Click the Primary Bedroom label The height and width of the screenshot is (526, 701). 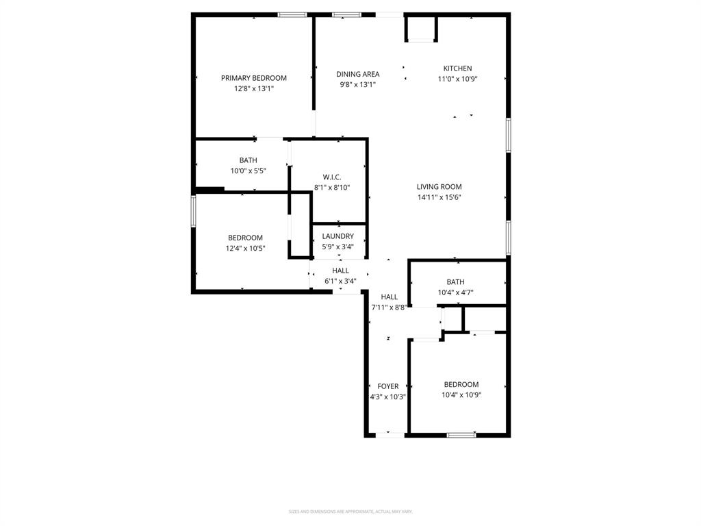253,78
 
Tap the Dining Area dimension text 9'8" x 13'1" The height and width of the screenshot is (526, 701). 357,85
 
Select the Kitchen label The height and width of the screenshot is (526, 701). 457,68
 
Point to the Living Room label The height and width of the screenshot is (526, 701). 439,186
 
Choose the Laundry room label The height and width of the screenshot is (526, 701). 337,236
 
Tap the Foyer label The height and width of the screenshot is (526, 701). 387,386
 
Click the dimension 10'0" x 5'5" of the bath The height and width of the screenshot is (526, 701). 248,171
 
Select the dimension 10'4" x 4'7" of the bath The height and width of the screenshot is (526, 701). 455,292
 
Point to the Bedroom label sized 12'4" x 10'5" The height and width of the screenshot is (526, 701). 245,238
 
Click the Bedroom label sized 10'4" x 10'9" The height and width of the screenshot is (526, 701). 461,385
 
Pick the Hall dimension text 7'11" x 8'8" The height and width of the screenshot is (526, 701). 389,308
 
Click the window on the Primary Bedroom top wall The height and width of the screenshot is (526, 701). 292,14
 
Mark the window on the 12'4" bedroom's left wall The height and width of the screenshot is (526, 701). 194,210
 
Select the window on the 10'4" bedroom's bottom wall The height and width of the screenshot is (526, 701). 461,435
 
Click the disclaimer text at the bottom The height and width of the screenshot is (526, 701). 350,512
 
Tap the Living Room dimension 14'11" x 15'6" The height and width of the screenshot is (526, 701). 439,197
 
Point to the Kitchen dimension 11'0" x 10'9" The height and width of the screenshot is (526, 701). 457,79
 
